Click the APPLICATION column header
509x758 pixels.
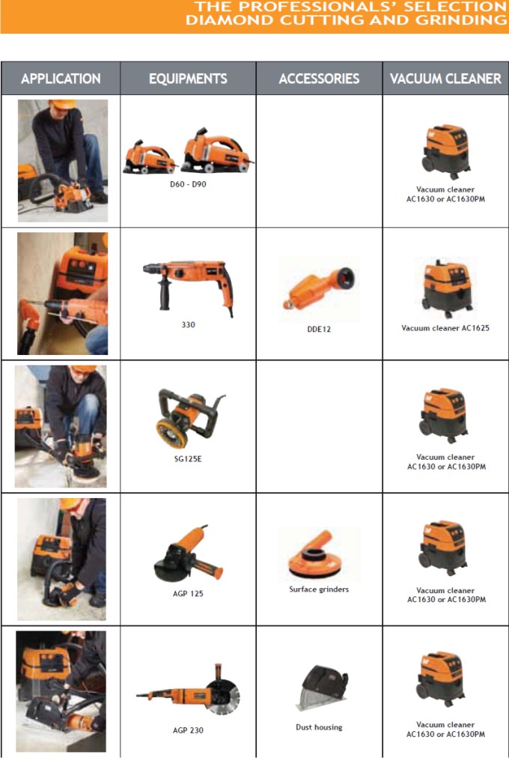61,79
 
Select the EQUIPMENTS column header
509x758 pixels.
188,79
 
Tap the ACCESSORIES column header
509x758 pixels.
319,79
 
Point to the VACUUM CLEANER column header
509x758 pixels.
445,79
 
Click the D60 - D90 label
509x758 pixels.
188,184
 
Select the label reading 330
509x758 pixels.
189,325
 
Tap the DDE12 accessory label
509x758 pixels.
319,330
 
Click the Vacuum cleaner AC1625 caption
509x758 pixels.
445,328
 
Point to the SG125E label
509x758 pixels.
188,458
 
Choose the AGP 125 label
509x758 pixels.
188,594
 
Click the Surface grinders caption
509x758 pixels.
319,589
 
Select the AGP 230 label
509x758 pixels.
188,730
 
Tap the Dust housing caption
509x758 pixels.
319,727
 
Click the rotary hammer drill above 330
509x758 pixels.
189,285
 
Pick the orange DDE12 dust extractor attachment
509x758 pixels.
319,288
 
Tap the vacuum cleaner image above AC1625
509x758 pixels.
446,288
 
